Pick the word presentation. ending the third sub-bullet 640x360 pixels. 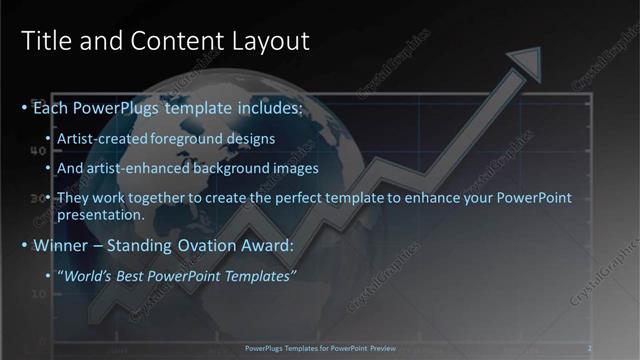(x=101, y=215)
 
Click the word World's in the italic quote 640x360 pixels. (x=90, y=275)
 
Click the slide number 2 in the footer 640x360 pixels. (x=590, y=348)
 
